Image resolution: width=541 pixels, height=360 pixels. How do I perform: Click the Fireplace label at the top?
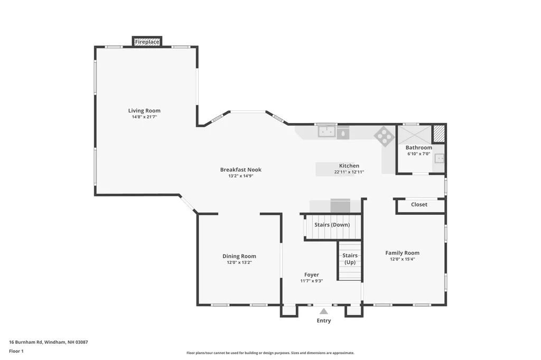pyautogui.click(x=147, y=42)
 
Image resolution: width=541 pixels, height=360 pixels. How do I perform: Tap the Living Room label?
pyautogui.click(x=144, y=111)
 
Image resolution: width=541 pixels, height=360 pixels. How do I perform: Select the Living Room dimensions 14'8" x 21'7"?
pyautogui.click(x=144, y=117)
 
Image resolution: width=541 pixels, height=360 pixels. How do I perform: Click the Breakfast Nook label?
pyautogui.click(x=241, y=169)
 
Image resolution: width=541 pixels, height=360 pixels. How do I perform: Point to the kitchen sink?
pyautogui.click(x=327, y=131)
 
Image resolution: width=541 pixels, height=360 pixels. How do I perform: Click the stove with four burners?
pyautogui.click(x=385, y=136)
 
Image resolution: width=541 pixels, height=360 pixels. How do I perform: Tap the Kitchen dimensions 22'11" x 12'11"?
pyautogui.click(x=349, y=172)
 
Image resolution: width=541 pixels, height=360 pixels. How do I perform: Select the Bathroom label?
pyautogui.click(x=419, y=148)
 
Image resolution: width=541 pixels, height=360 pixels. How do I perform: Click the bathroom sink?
pyautogui.click(x=439, y=158)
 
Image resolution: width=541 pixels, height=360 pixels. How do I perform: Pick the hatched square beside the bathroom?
pyautogui.click(x=439, y=134)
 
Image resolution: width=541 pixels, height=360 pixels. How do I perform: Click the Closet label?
pyautogui.click(x=419, y=204)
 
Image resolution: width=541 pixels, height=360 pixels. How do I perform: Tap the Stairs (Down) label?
pyautogui.click(x=332, y=225)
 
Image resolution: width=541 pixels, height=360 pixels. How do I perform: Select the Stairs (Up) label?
pyautogui.click(x=350, y=259)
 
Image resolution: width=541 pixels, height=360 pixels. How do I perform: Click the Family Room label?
pyautogui.click(x=402, y=253)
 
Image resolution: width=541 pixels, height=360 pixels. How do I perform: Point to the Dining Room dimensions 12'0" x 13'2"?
pyautogui.click(x=239, y=262)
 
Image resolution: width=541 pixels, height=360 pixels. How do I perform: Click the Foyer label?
pyautogui.click(x=312, y=275)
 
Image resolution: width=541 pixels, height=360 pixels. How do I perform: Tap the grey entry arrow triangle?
pyautogui.click(x=324, y=311)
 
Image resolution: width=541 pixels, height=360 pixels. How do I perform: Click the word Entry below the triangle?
pyautogui.click(x=324, y=321)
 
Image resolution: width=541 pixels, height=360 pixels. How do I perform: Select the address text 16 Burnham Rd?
pyautogui.click(x=25, y=343)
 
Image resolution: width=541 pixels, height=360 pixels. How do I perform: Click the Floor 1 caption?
pyautogui.click(x=16, y=352)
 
